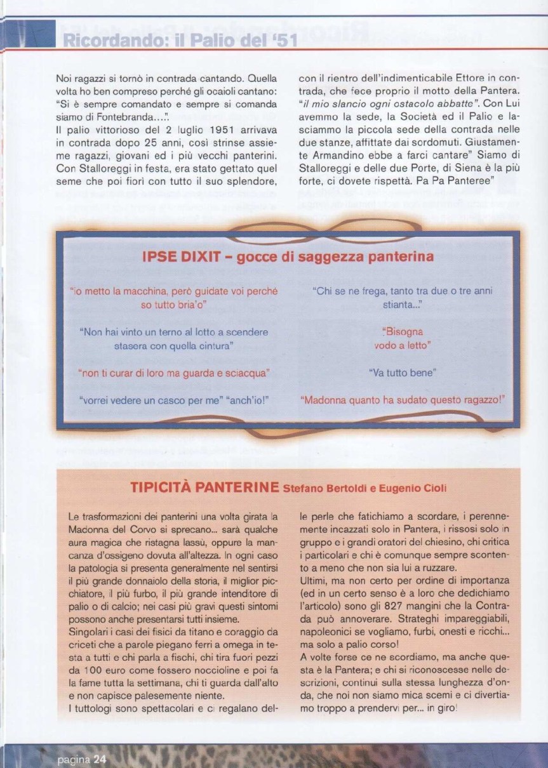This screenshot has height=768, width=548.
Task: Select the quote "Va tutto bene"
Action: [x=403, y=373]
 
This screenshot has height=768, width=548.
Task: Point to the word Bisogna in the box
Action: [x=403, y=331]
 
